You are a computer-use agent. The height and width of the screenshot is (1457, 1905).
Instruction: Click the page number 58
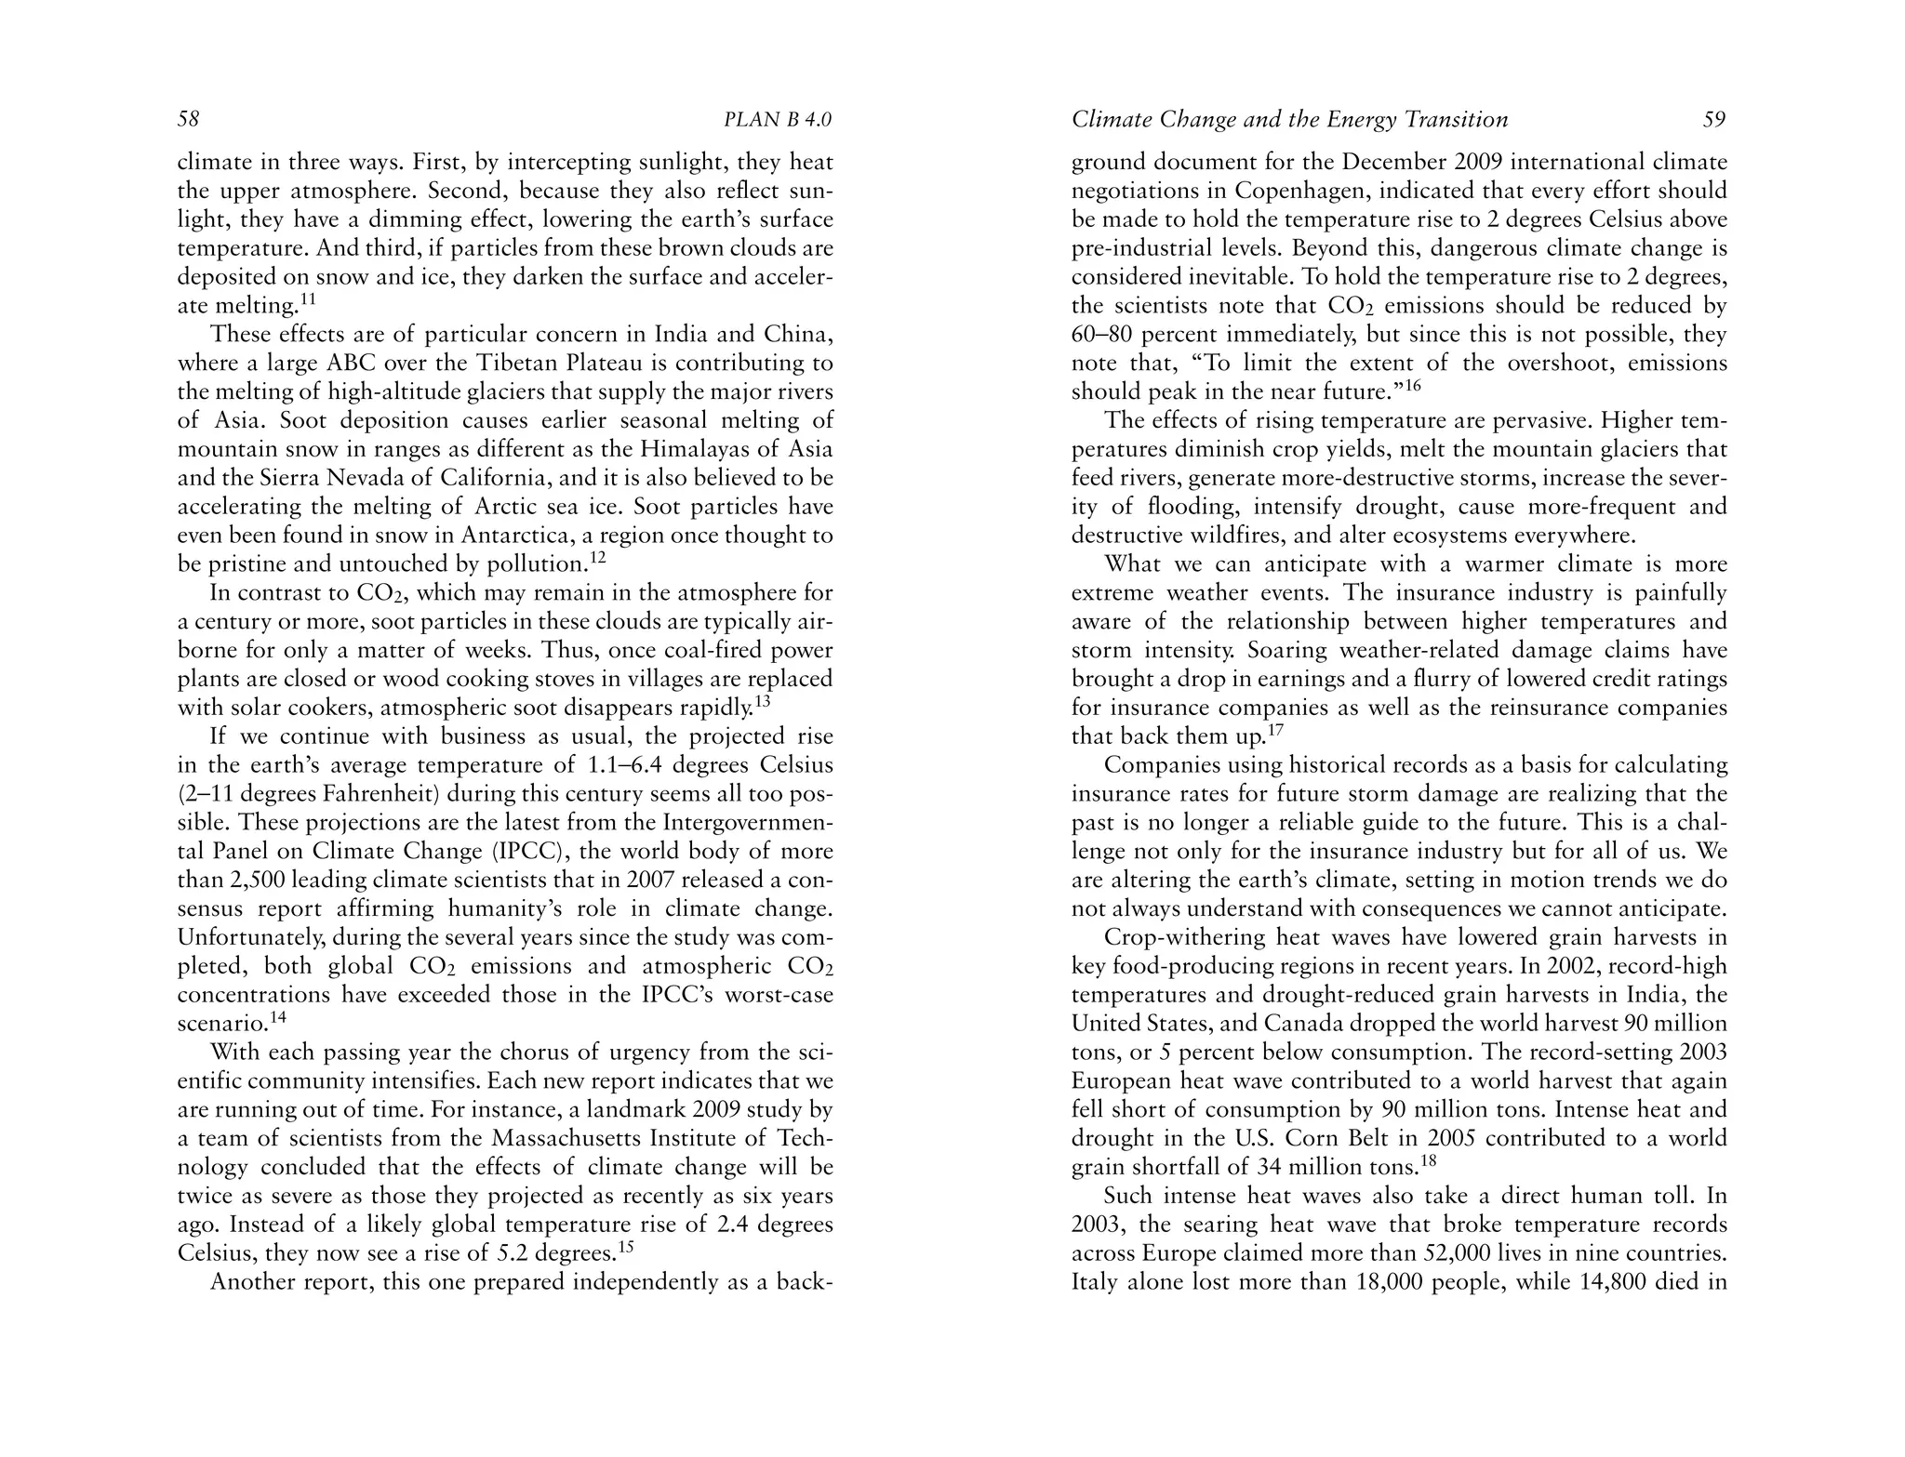(189, 120)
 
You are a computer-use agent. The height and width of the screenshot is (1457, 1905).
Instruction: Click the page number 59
(1714, 120)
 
